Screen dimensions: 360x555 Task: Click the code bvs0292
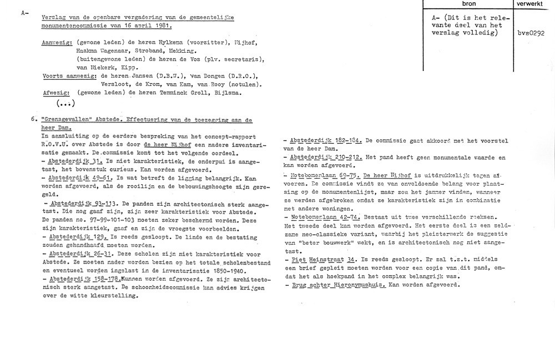tap(529, 33)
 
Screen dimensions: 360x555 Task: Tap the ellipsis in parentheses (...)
tap(65, 103)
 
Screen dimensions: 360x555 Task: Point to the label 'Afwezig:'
tap(54, 94)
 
